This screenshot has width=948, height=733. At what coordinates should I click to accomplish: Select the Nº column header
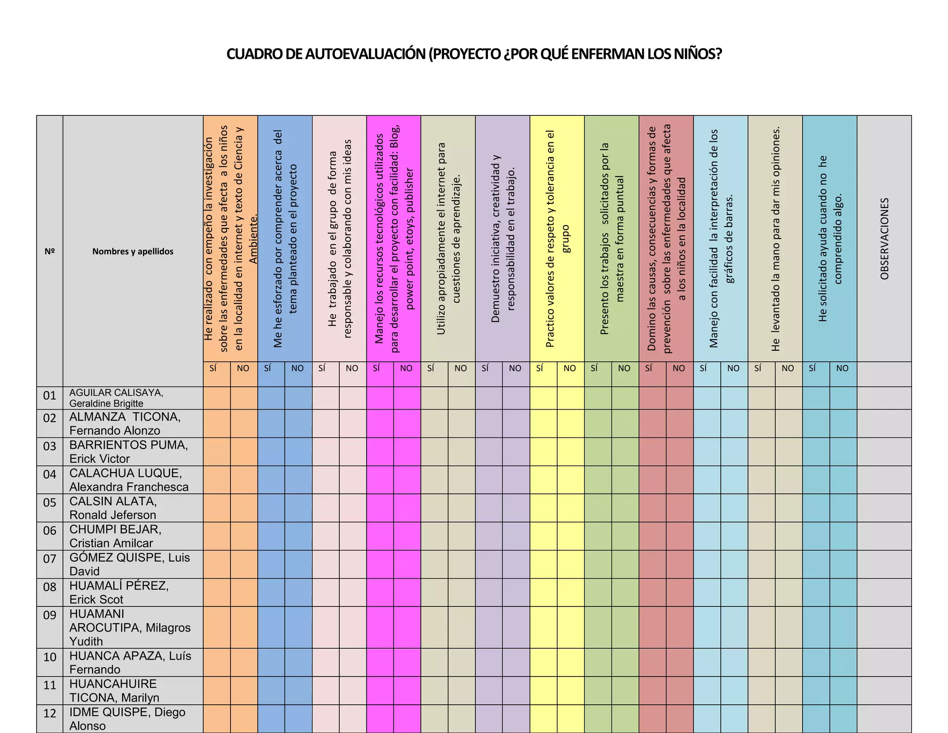50,252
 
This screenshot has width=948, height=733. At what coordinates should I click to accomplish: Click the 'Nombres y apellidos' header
133,252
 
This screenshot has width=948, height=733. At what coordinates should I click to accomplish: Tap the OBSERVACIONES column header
885,239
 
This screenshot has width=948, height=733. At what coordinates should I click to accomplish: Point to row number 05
50,503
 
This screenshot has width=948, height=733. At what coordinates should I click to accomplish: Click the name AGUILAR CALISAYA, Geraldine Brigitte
116,398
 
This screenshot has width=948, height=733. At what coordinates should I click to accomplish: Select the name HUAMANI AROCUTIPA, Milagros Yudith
130,627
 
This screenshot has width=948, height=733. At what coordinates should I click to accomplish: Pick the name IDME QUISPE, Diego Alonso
127,719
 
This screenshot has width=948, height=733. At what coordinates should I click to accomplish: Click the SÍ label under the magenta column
376,368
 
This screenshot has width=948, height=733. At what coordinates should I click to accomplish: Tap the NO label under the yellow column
570,368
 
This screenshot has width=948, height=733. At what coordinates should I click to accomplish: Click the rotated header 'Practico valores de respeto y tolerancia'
557,239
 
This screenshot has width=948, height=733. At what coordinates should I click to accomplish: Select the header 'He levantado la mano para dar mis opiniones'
776,239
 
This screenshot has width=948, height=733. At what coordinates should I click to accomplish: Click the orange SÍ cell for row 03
217,452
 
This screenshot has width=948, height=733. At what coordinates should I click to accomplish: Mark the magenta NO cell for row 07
407,564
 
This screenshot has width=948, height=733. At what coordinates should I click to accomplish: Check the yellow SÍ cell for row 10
543,662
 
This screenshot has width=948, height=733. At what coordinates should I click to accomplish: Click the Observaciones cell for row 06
884,536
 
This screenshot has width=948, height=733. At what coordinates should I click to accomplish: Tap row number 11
50,685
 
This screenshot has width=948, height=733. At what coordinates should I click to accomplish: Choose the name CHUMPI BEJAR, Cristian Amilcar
115,536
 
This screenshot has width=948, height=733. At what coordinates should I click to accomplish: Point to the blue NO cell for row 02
298,423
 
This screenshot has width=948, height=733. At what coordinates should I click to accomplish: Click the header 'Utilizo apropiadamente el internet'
448,239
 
